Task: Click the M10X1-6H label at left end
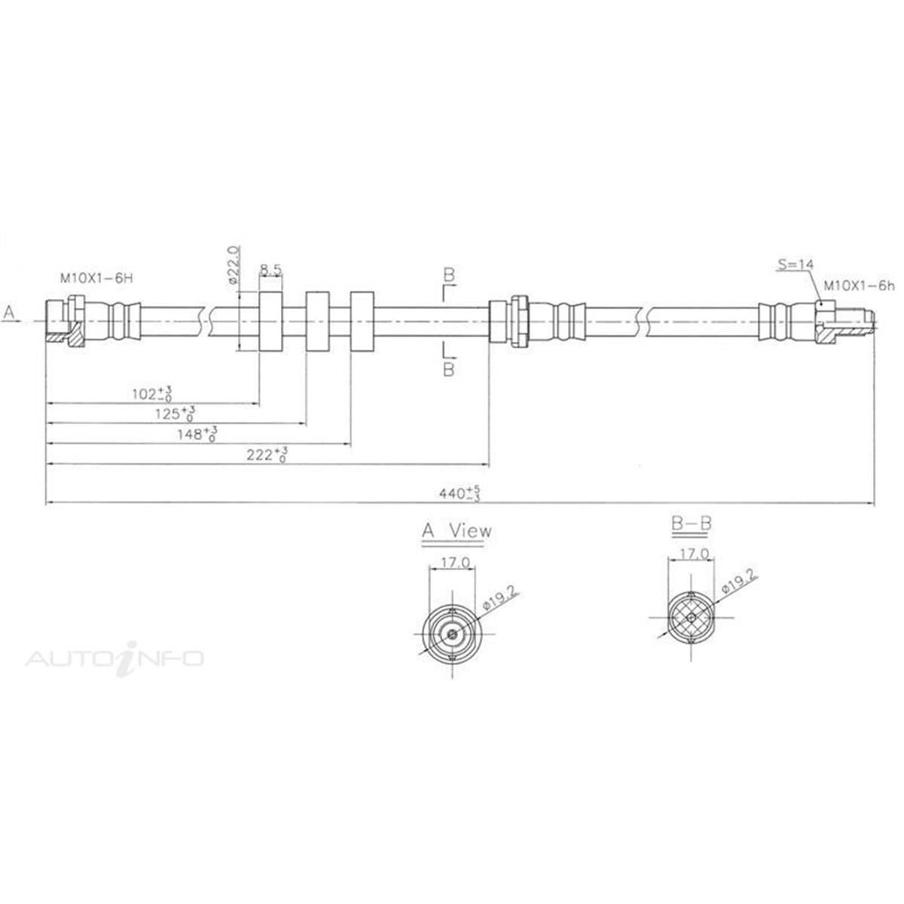96,278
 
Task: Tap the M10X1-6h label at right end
858,286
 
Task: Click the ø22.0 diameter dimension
234,264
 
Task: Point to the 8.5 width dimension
271,268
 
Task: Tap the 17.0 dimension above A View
452,562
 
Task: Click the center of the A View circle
451,634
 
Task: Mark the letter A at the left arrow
9,311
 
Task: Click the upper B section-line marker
448,276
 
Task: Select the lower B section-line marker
448,369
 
